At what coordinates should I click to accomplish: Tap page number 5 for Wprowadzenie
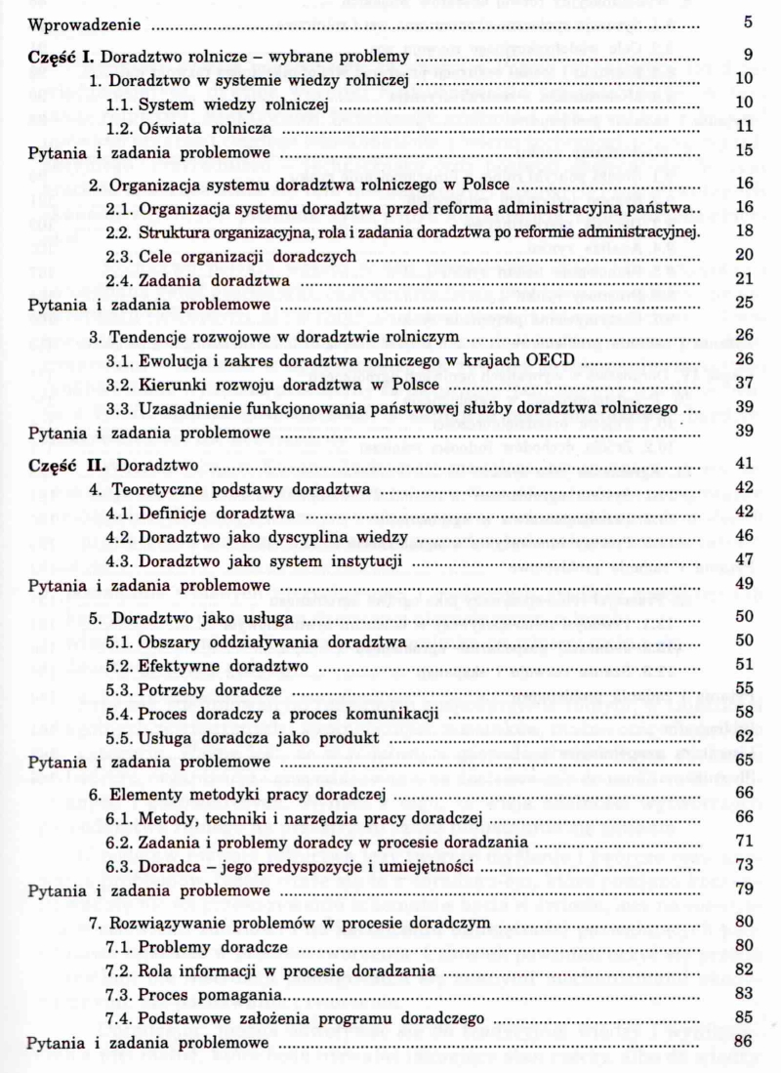[x=747, y=21]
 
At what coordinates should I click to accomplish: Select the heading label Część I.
[x=63, y=56]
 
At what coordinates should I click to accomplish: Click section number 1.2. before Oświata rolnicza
[x=121, y=127]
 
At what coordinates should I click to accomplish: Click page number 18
[x=743, y=231]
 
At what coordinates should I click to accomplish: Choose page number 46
[x=743, y=536]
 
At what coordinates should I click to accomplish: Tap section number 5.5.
[x=121, y=735]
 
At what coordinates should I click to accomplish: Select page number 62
[x=743, y=735]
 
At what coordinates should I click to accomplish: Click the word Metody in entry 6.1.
[x=166, y=816]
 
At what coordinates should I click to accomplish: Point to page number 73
[x=743, y=865]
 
